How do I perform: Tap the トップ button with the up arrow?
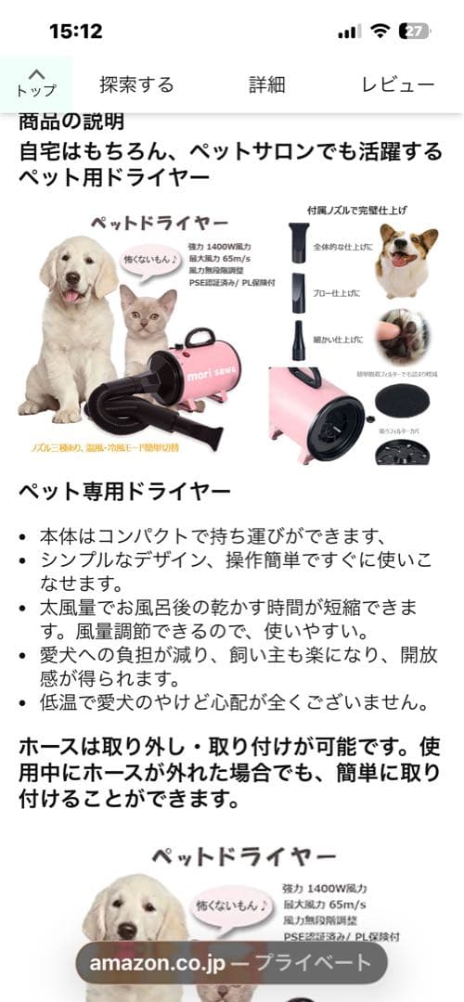(x=35, y=83)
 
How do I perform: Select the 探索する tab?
(x=136, y=84)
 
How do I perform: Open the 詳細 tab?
(x=266, y=84)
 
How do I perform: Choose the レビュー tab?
(x=397, y=84)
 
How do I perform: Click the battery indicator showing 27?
(x=414, y=31)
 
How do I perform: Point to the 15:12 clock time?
(x=76, y=31)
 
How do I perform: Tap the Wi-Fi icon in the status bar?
(x=379, y=31)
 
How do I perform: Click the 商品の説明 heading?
(x=71, y=122)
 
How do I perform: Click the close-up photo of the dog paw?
(x=405, y=335)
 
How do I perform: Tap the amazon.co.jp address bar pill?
(x=231, y=962)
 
